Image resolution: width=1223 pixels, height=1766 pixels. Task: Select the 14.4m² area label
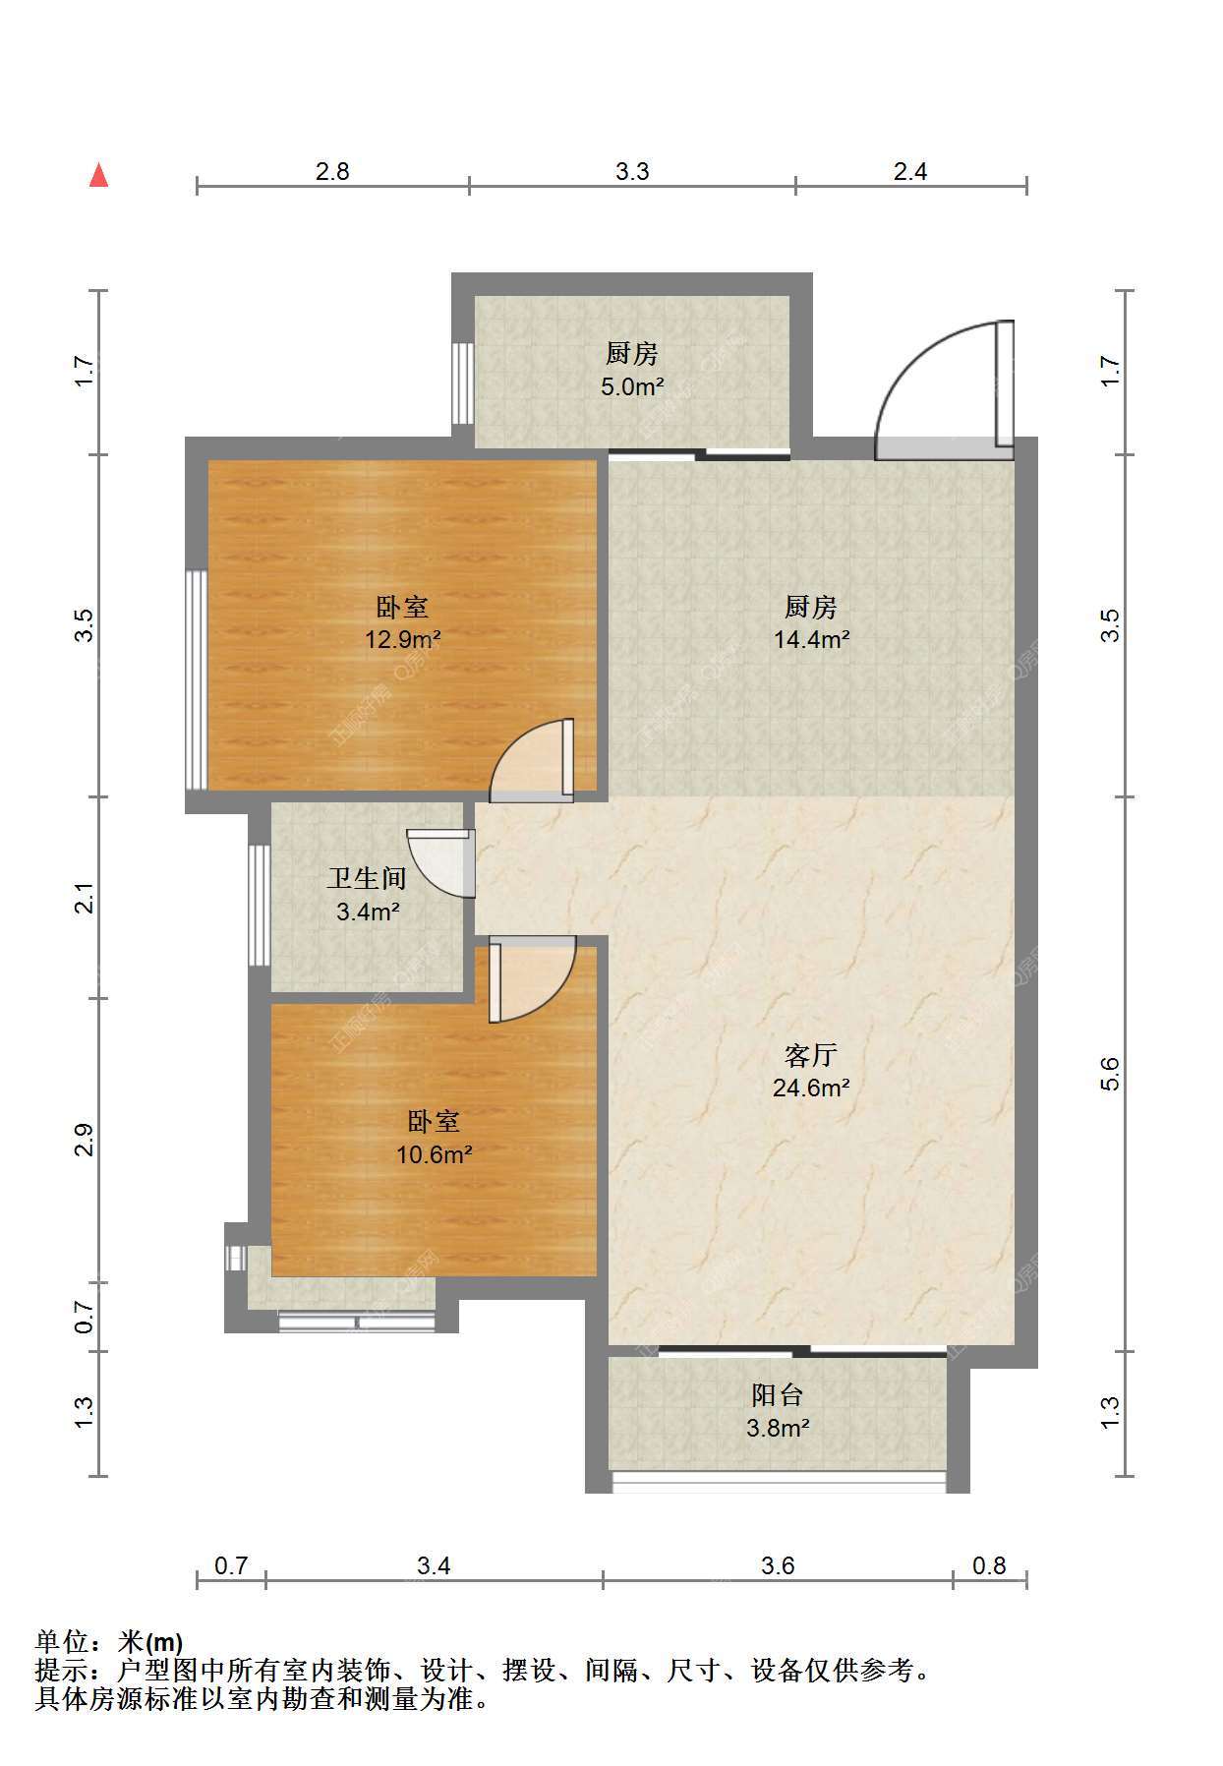tap(811, 622)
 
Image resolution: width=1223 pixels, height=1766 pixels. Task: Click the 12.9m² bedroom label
tap(402, 622)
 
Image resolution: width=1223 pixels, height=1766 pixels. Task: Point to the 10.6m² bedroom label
tap(434, 1137)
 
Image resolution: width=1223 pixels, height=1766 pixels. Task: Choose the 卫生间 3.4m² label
tap(367, 894)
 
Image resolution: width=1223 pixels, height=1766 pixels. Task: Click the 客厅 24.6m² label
tap(810, 1071)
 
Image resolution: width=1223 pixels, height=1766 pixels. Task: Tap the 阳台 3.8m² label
tap(778, 1410)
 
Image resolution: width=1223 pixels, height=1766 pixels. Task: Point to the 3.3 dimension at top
tap(632, 171)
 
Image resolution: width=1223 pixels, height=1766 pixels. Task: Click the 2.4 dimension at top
tap(910, 171)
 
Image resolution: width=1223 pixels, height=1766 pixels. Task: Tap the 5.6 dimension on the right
tap(1110, 1073)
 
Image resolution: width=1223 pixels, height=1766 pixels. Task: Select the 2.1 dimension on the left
tap(86, 898)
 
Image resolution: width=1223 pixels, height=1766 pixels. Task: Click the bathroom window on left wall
tap(259, 905)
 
